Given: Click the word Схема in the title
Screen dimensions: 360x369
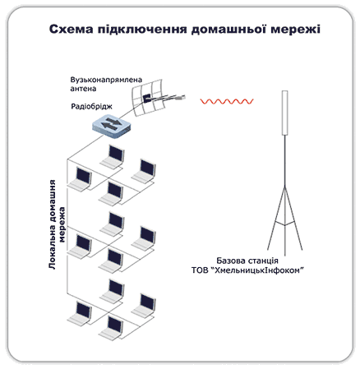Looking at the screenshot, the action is point(72,29).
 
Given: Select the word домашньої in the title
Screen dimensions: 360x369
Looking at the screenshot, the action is point(228,29).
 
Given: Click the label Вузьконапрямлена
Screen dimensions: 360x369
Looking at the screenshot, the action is point(106,80).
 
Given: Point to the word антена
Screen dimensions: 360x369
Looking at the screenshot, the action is point(83,89).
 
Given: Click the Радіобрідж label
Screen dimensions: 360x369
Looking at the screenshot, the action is point(91,106).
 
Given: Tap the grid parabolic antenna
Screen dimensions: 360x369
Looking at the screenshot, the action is point(149,97).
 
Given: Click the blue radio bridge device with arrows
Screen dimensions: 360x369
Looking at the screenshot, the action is point(112,126).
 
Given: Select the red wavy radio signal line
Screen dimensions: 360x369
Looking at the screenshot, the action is point(227,101).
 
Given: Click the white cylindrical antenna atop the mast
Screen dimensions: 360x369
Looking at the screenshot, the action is point(285,113).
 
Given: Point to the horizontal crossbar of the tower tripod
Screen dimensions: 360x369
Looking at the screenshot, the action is point(285,224).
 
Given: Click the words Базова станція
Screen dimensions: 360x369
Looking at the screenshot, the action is point(247,261).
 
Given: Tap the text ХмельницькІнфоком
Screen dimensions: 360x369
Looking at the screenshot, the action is point(257,270).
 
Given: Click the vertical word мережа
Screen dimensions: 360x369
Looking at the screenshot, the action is point(62,224).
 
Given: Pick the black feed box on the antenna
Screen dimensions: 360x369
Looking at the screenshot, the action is point(146,98).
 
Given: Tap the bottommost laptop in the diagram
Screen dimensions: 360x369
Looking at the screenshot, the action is point(111,328).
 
